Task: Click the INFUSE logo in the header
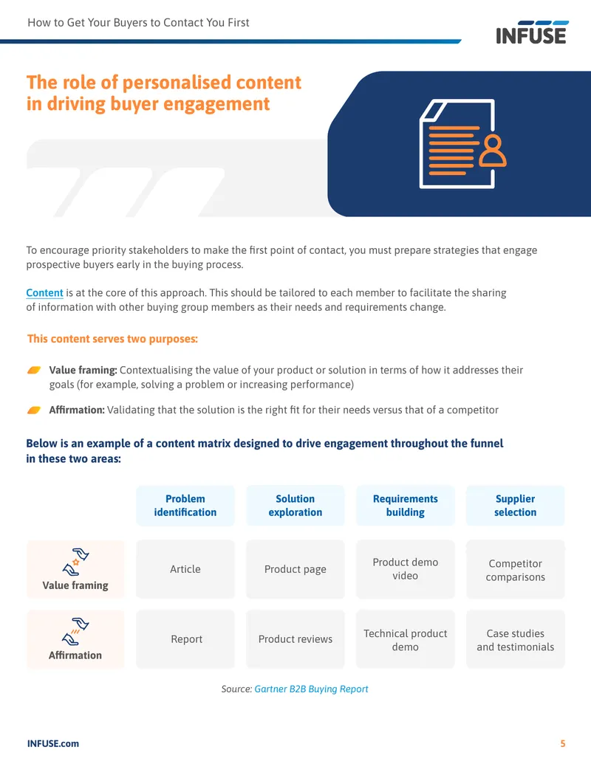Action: [x=531, y=32]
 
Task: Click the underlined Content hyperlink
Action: [x=44, y=293]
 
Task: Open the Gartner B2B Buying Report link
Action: [x=311, y=689]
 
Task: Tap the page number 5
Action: [x=563, y=743]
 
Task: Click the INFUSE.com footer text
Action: [x=52, y=743]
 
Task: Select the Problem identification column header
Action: [x=185, y=505]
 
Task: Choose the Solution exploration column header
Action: [x=295, y=505]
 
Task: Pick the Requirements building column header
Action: [x=406, y=505]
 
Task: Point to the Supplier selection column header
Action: [x=516, y=505]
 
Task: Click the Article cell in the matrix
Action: [x=185, y=569]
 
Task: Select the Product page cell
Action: [x=295, y=569]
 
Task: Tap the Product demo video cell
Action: [x=406, y=569]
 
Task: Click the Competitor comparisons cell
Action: [x=516, y=569]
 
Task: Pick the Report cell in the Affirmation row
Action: [x=185, y=639]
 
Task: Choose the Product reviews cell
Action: [x=295, y=639]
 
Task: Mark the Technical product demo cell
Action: [x=406, y=639]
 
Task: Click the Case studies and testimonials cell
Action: [x=516, y=639]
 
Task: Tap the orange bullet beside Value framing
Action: [x=34, y=371]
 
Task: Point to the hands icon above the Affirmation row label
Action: [x=75, y=631]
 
